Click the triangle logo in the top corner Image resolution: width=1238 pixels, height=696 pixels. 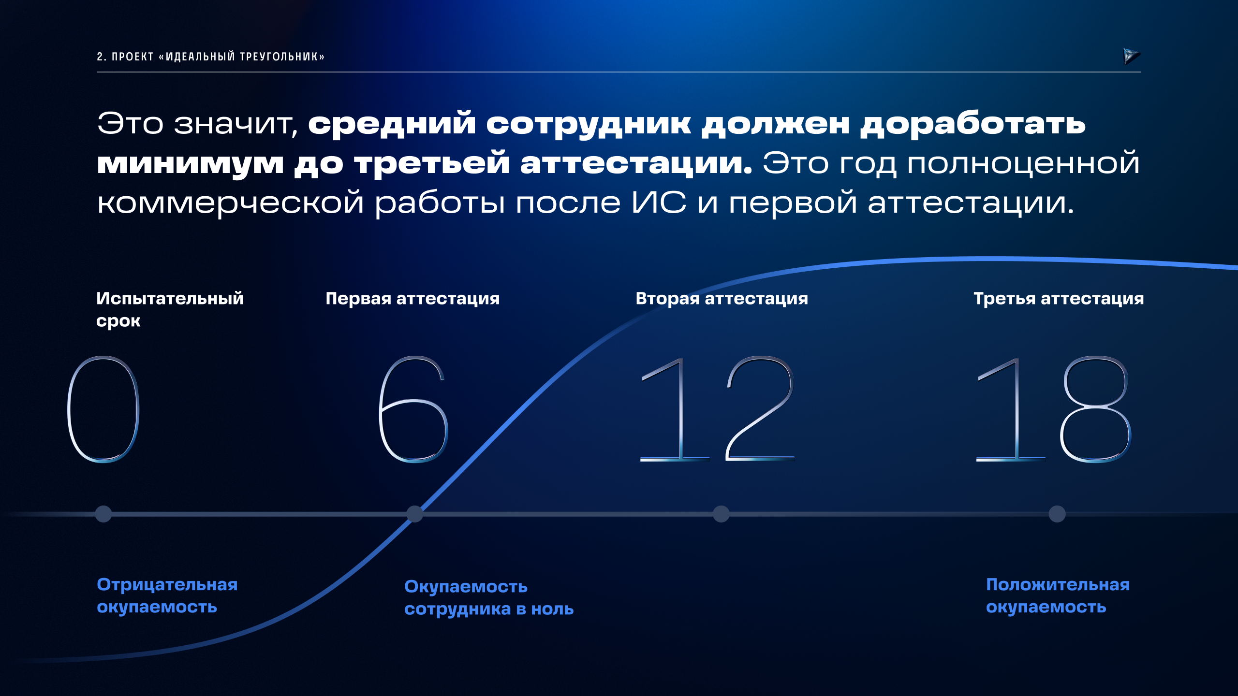pyautogui.click(x=1131, y=56)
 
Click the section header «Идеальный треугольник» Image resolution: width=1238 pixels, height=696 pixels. pyautogui.click(x=211, y=57)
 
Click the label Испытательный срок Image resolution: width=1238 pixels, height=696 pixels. pyautogui.click(x=170, y=309)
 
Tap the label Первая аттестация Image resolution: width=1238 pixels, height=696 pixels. pyautogui.click(x=413, y=299)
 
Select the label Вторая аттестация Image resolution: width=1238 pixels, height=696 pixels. pyautogui.click(x=722, y=299)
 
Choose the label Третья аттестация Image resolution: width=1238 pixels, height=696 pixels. pyautogui.click(x=1059, y=299)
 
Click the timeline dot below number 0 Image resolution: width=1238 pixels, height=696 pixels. pyautogui.click(x=103, y=514)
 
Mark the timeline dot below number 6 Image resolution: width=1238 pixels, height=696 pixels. pyautogui.click(x=414, y=514)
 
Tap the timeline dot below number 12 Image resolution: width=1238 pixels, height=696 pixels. pyautogui.click(x=721, y=514)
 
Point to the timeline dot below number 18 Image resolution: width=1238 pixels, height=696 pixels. pyautogui.click(x=1057, y=514)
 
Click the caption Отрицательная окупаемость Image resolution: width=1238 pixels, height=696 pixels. pyautogui.click(x=167, y=595)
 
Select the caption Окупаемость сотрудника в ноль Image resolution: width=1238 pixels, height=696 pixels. pyautogui.click(x=489, y=598)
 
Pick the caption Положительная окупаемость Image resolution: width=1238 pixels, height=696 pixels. pyautogui.click(x=1058, y=595)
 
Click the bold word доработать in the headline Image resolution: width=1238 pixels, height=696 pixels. pyautogui.click(x=973, y=124)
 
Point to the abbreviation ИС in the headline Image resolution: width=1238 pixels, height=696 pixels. pyautogui.click(x=659, y=202)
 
